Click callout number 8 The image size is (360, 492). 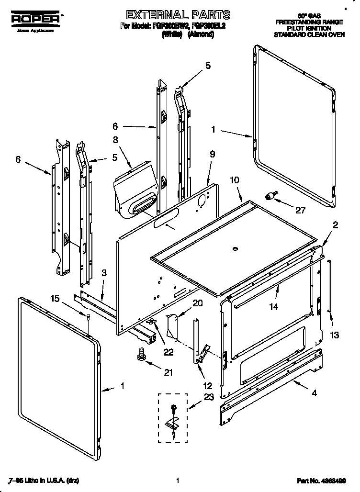coord(115,141)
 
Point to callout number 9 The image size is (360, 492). coord(212,154)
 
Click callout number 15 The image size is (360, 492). coord(55,299)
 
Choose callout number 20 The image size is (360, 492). coord(197,303)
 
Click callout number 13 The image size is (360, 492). coord(335,335)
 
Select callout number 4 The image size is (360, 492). coord(314,393)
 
